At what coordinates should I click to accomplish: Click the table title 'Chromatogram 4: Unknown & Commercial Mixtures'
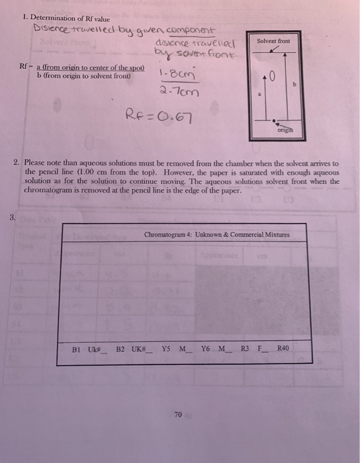tap(216, 235)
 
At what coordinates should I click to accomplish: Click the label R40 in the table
tap(283, 348)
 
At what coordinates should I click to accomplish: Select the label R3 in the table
tap(245, 348)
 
